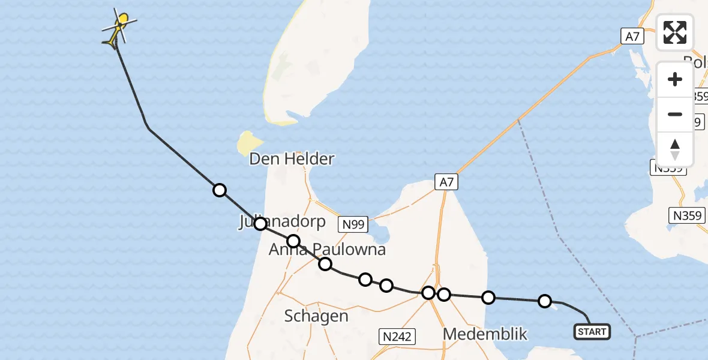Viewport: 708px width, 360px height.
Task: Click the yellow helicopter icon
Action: click(x=119, y=29)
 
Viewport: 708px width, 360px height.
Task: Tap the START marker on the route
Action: click(x=592, y=331)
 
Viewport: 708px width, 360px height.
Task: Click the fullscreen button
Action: click(x=675, y=32)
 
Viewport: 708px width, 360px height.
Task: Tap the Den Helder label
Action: click(x=292, y=159)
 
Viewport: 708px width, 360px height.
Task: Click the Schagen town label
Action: click(x=316, y=316)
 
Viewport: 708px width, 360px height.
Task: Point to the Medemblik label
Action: click(x=485, y=334)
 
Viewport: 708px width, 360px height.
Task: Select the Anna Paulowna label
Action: click(x=327, y=250)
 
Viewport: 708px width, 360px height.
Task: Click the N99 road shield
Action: click(x=353, y=224)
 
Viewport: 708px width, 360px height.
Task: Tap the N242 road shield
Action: click(x=397, y=336)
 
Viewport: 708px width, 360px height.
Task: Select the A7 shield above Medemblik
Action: click(x=446, y=182)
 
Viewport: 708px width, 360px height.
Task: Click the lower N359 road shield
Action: click(x=687, y=215)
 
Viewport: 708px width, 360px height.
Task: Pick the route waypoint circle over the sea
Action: click(x=220, y=190)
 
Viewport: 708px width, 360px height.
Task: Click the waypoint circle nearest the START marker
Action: click(x=545, y=301)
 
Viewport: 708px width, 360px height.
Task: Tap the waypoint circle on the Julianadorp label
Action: click(x=260, y=224)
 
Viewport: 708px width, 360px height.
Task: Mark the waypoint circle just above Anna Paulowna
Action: click(x=293, y=241)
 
